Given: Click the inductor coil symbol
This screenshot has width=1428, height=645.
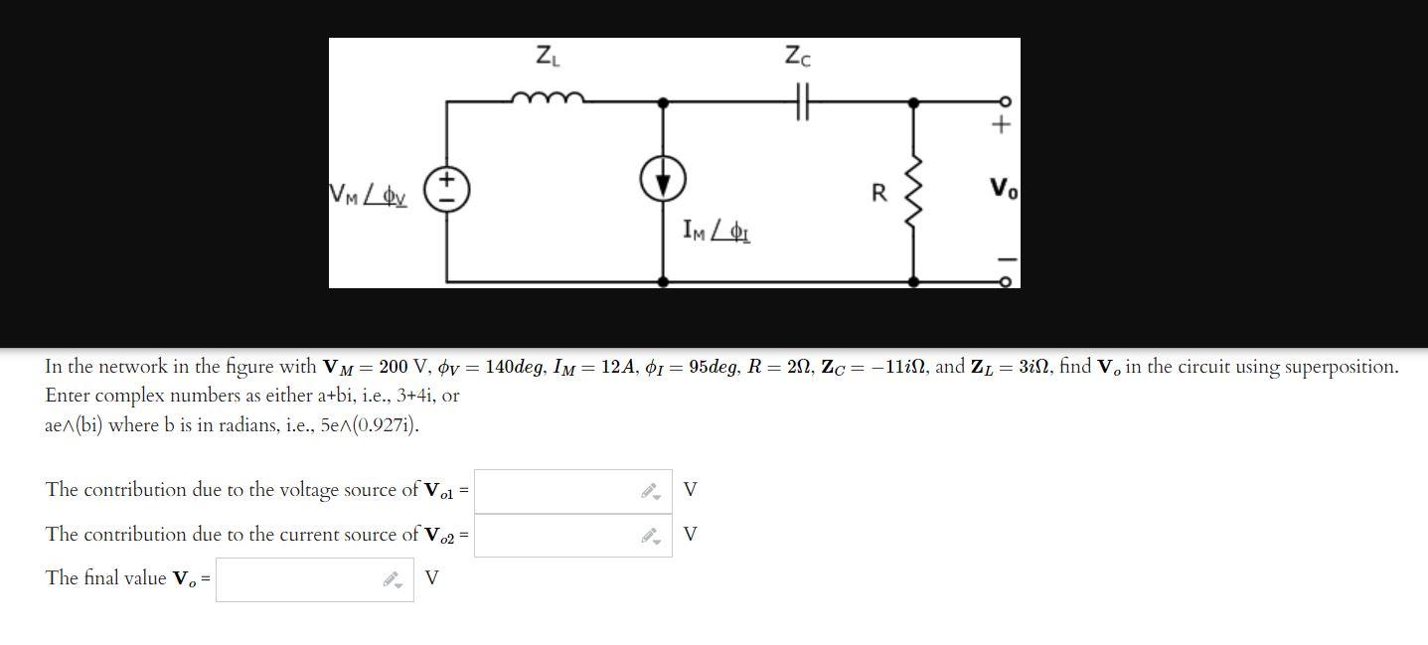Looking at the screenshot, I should pos(547,97).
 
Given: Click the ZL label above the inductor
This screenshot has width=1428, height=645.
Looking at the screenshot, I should pos(548,56).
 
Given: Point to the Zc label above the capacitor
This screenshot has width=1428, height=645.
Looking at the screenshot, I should pos(797,56).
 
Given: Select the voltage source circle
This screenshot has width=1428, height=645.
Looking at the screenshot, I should pos(447,189).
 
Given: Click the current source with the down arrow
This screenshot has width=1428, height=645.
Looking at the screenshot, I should pos(663,181).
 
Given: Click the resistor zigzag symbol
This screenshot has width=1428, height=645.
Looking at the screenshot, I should pos(913,191).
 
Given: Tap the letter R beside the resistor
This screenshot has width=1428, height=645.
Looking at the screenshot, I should pos(879,193).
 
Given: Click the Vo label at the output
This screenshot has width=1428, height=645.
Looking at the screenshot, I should pos(1003,189).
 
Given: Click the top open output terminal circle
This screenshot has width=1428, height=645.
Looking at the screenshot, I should pos(1005,101).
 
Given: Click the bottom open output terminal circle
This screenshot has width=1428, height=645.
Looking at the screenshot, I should pos(1005,282).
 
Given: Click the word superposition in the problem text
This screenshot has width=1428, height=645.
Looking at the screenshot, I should pos(1339,367).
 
